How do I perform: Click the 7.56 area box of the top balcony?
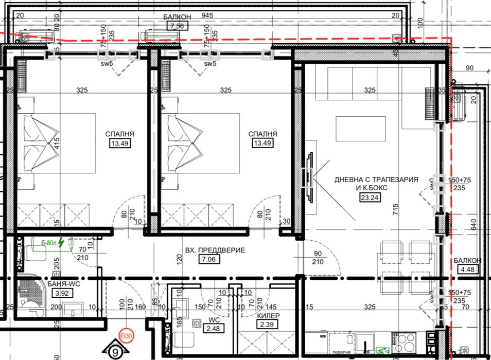[x=177, y=26]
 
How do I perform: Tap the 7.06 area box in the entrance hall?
[x=208, y=260]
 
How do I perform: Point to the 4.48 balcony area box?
[x=470, y=269]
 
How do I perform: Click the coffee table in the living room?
[x=360, y=129]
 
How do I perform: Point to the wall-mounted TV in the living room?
[x=309, y=177]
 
